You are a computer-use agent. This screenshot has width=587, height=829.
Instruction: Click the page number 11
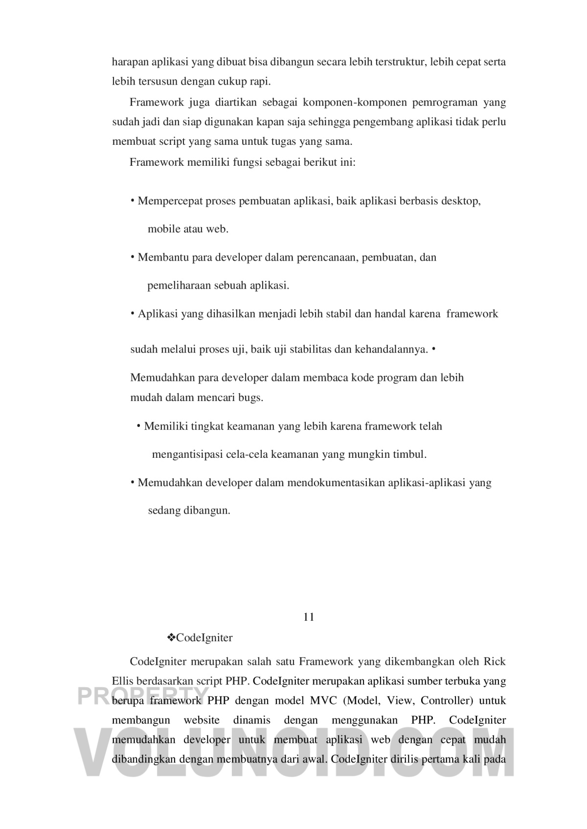pyautogui.click(x=309, y=617)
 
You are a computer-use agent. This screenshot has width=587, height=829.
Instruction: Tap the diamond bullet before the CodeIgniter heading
pyautogui.click(x=172, y=638)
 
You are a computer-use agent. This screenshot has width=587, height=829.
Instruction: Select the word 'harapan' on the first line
pyautogui.click(x=130, y=62)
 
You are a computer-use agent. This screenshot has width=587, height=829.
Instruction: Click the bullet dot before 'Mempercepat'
pyautogui.click(x=133, y=201)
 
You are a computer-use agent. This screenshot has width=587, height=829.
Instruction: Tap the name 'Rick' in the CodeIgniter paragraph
pyautogui.click(x=495, y=662)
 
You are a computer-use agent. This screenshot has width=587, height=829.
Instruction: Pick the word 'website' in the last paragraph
pyautogui.click(x=202, y=720)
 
